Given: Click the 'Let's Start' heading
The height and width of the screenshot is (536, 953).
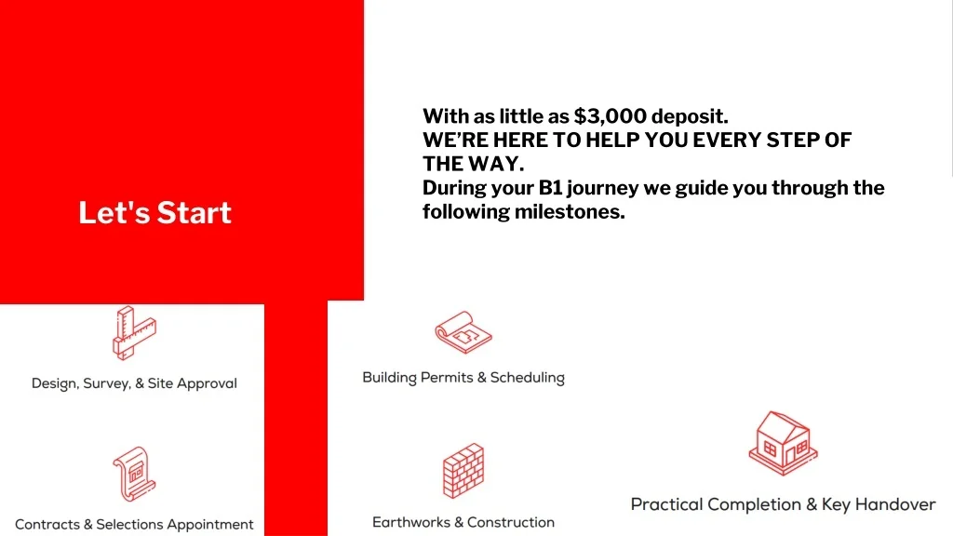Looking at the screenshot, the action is tap(155, 213).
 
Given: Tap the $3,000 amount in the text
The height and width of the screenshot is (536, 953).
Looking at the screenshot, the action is tap(610, 116).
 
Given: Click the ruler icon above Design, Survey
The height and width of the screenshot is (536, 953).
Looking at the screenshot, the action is tap(134, 333).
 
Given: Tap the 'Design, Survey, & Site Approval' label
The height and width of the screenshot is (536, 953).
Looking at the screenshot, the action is tap(134, 383).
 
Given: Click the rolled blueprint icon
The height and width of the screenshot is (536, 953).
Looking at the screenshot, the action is tap(463, 332).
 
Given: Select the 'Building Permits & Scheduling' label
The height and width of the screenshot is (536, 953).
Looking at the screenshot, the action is tap(463, 378).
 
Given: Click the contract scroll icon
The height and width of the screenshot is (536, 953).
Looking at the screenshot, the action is tap(134, 474).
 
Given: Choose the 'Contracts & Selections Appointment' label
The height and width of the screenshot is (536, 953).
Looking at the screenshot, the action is tap(134, 525).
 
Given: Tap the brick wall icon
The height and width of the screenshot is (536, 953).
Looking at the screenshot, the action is tap(463, 471).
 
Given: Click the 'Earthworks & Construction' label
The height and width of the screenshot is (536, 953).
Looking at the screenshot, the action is tap(463, 522).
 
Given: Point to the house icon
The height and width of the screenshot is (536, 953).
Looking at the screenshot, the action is tap(783, 443).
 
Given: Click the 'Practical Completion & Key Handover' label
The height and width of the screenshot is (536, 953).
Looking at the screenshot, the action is tap(783, 504).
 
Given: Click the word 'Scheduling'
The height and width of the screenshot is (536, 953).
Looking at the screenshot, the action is tap(528, 378).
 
